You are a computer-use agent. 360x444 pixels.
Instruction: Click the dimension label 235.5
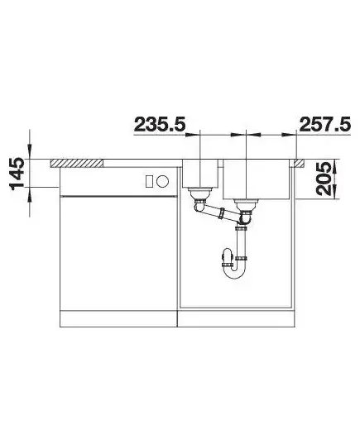(x=160, y=125)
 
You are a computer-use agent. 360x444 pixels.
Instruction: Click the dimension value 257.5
(x=325, y=125)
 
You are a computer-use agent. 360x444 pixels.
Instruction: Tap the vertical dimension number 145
(x=17, y=174)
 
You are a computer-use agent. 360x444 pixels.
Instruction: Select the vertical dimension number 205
(x=324, y=179)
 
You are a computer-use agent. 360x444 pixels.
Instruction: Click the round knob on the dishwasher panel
(x=163, y=181)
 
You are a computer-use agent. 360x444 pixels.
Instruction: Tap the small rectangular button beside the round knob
(x=149, y=181)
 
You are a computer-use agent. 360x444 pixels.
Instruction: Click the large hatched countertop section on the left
(x=76, y=164)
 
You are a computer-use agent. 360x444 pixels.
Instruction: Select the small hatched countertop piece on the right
(x=299, y=163)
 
